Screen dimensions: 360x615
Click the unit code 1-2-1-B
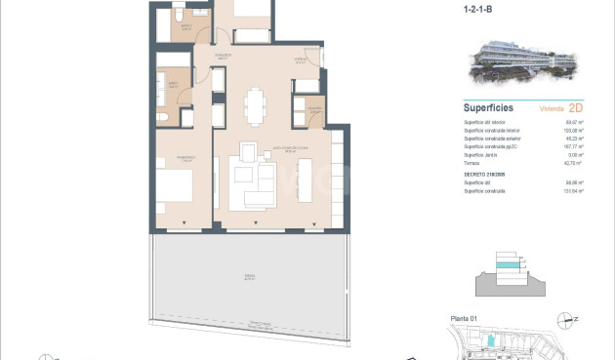point(478,13)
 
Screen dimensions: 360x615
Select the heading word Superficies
point(489,108)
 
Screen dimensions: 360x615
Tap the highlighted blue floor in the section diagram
point(509,265)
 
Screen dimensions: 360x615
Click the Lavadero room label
point(315,109)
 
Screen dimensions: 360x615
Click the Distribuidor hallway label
point(223,56)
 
